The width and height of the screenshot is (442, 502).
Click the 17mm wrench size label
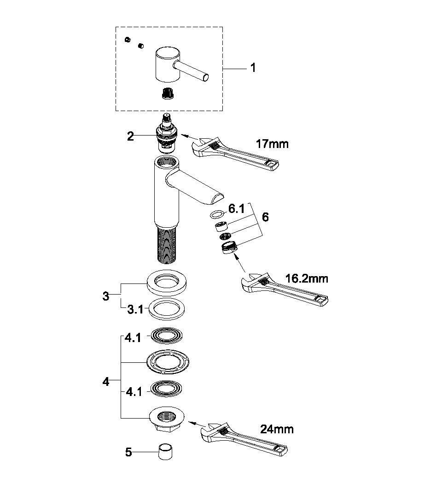pyautogui.click(x=272, y=144)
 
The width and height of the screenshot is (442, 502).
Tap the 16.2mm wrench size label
pyautogui.click(x=307, y=279)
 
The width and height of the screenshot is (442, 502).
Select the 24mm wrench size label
pyautogui.click(x=277, y=429)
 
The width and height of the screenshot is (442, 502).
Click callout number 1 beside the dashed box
pyautogui.click(x=253, y=68)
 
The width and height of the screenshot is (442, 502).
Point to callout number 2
pyautogui.click(x=131, y=136)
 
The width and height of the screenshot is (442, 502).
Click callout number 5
pyautogui.click(x=128, y=452)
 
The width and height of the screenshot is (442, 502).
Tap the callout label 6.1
pyautogui.click(x=236, y=209)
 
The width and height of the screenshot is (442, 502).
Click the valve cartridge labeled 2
pyautogui.click(x=167, y=135)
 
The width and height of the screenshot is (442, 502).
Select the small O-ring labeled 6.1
pyautogui.click(x=216, y=214)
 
